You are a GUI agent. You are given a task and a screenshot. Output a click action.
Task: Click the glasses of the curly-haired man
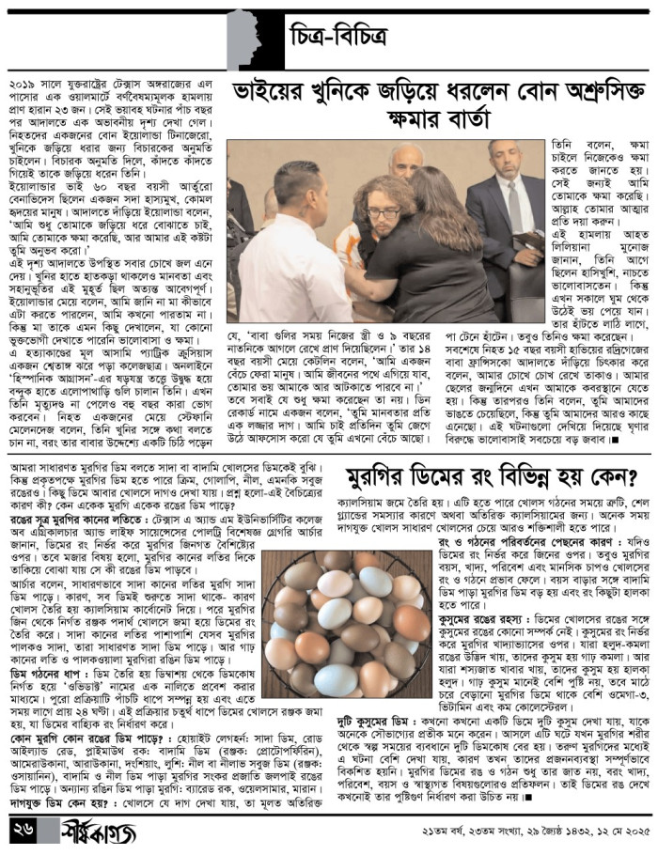(x=382, y=213)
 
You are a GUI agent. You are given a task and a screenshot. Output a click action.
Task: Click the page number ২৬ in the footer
(x=25, y=832)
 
